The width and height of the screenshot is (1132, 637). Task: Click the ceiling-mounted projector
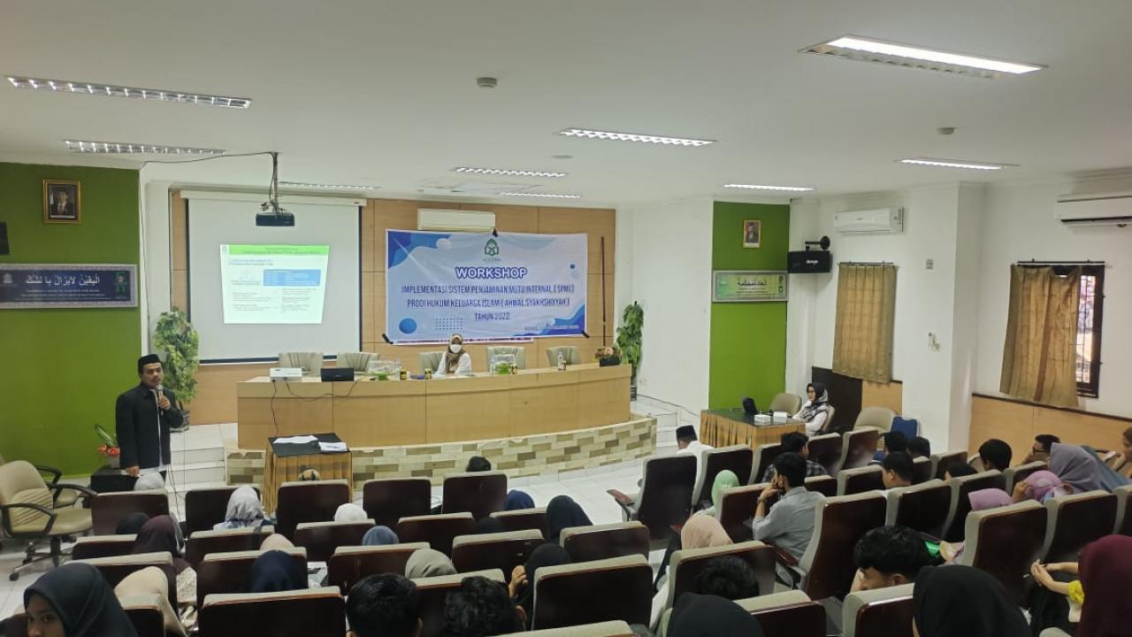click(x=275, y=217)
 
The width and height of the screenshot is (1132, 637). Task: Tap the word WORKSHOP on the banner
click(x=491, y=272)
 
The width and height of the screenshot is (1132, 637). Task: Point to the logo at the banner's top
click(x=491, y=248)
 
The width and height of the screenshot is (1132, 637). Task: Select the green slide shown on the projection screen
click(x=274, y=283)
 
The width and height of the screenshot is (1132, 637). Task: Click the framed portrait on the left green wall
click(x=61, y=202)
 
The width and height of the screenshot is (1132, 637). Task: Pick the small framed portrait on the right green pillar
click(x=752, y=234)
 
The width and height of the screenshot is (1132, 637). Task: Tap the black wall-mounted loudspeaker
click(x=809, y=260)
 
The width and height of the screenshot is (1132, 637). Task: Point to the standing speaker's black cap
click(x=149, y=360)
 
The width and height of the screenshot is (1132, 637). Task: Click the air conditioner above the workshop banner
click(x=456, y=219)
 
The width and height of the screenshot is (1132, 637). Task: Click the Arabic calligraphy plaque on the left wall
click(x=68, y=286)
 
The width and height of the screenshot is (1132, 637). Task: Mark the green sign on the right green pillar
click(x=750, y=286)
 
